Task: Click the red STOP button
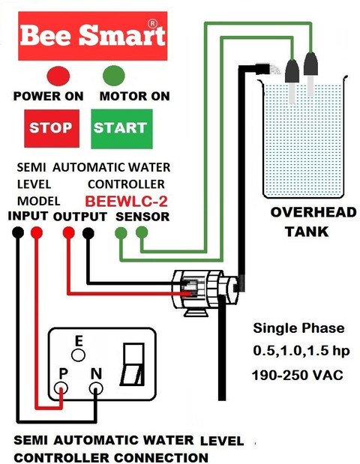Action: (x=52, y=128)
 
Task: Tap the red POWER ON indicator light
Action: (x=58, y=76)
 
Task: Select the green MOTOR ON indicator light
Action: (x=114, y=76)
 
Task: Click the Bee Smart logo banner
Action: (x=93, y=36)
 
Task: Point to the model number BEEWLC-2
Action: (x=127, y=201)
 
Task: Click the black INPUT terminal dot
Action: (x=18, y=232)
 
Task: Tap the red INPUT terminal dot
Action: (x=37, y=232)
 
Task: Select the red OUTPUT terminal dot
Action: (x=68, y=232)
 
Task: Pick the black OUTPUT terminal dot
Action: (x=88, y=233)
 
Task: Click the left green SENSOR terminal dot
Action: (x=121, y=233)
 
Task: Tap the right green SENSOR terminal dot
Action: (x=142, y=232)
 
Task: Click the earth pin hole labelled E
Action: (x=79, y=355)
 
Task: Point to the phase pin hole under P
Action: (x=61, y=388)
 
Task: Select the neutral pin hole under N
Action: (x=96, y=388)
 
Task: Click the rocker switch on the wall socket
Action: (x=132, y=364)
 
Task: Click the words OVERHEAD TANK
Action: (x=313, y=222)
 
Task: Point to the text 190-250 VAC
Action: (x=297, y=376)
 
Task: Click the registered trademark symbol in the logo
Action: (x=152, y=24)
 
